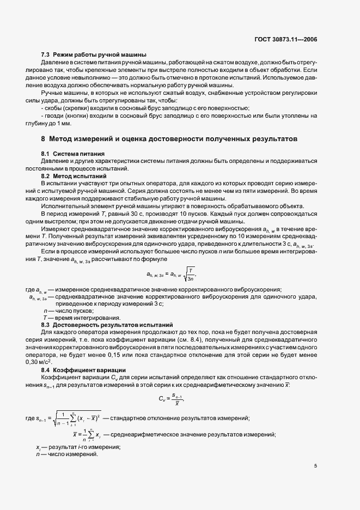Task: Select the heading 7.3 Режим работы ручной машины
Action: click(94, 55)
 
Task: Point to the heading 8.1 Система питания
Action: click(73, 154)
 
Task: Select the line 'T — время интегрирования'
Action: click(82, 318)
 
